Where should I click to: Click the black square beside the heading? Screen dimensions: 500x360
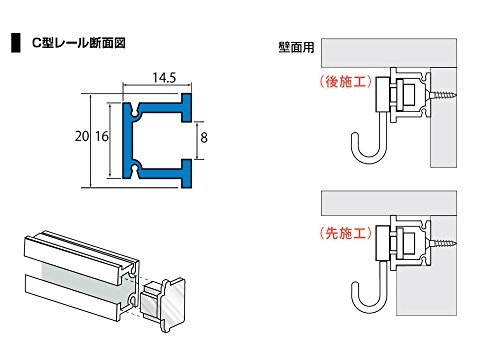(16, 43)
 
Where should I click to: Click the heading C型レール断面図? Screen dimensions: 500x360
(79, 43)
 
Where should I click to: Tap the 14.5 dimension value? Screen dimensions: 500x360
(164, 78)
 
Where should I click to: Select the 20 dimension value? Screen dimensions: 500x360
(82, 136)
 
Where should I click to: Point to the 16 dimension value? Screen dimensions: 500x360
(102, 136)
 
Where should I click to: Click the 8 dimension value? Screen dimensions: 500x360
(204, 137)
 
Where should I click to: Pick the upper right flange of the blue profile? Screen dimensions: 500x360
(187, 107)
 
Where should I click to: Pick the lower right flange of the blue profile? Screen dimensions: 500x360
(187, 173)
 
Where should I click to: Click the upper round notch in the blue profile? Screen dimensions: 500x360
(135, 114)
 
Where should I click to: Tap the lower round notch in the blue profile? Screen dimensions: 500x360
(135, 167)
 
